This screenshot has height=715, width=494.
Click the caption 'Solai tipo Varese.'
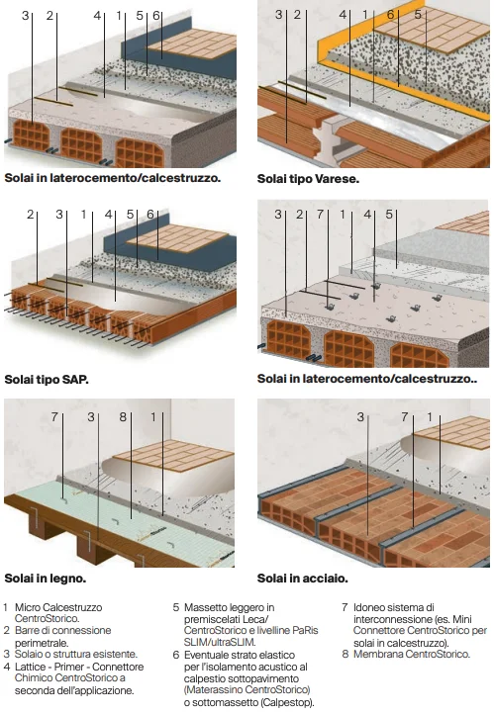308,179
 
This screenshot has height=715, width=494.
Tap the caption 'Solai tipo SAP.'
47,379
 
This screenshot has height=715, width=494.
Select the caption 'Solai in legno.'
46,579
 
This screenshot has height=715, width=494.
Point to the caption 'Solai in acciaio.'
303,579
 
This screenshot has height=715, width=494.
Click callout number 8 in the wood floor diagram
123,416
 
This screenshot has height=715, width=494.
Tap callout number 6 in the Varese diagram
391,15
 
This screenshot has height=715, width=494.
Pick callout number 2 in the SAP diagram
31,214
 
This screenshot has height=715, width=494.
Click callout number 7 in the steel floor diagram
405,416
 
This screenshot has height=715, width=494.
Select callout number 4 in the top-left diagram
97,16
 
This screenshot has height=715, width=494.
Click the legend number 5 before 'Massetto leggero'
176,607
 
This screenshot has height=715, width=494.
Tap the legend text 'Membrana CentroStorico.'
412,654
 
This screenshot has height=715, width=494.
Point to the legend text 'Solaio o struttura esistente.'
76,654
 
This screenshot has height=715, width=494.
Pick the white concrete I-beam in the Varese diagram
329,139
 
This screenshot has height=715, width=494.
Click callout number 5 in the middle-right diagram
388,214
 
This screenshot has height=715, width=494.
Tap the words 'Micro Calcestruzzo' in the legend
58,607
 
